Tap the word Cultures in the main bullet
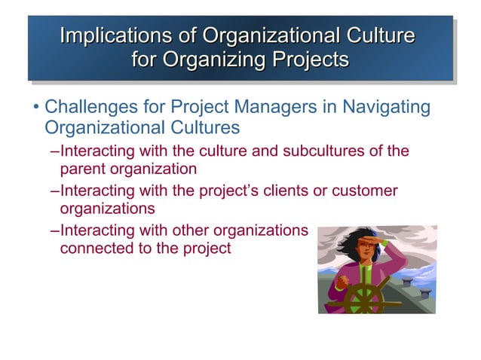pos(197,127)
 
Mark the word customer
pos(366,191)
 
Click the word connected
pos(95,248)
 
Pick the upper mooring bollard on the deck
pos(409,279)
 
